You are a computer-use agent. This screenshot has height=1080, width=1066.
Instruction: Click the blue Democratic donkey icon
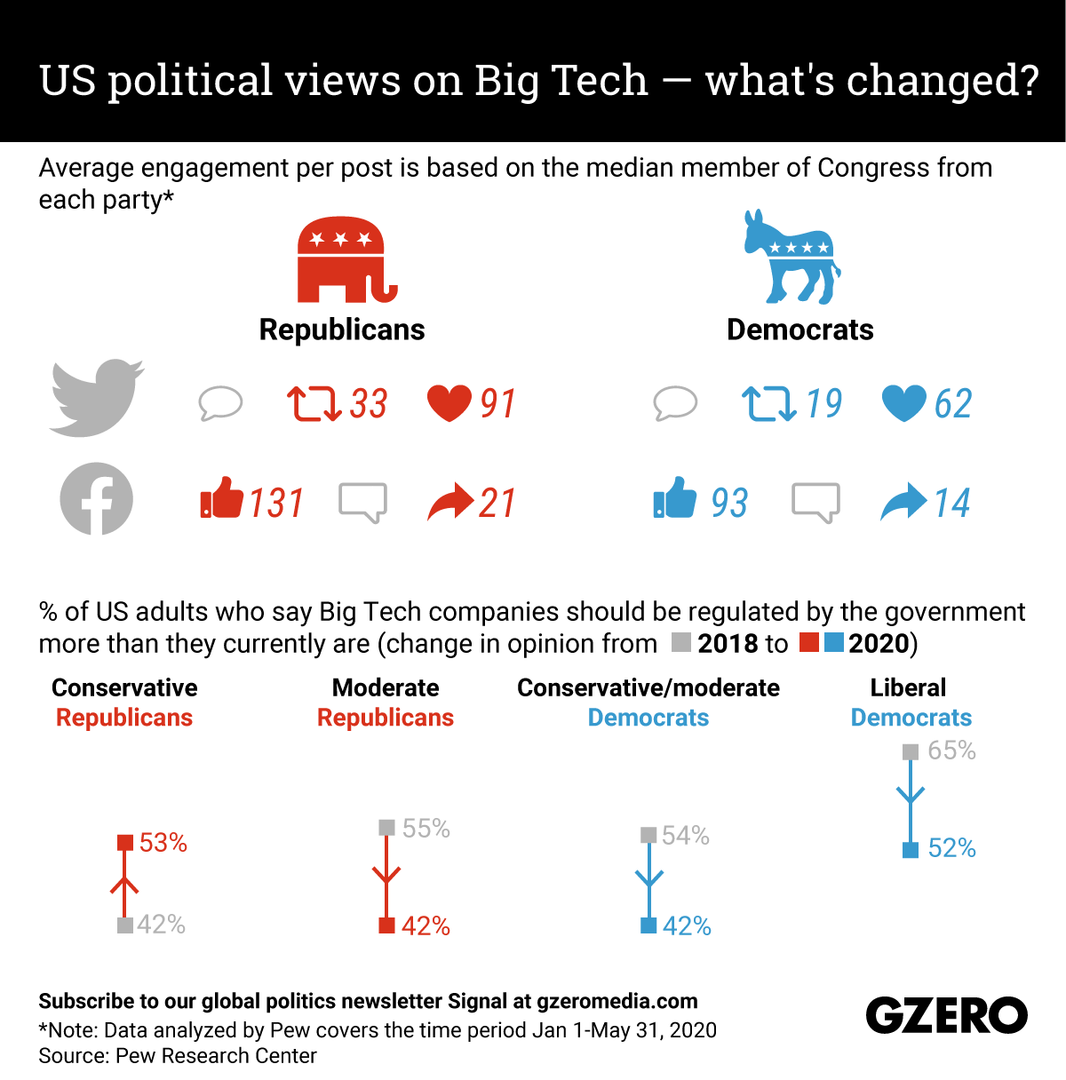click(790, 258)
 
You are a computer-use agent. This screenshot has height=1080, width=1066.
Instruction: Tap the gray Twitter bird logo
click(96, 398)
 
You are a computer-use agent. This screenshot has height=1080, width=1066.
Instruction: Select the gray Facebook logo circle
click(96, 499)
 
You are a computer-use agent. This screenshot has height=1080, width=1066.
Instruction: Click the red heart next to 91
click(449, 403)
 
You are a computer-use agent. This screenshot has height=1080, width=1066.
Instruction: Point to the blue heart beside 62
click(903, 403)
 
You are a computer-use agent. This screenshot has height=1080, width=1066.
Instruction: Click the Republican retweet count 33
click(368, 404)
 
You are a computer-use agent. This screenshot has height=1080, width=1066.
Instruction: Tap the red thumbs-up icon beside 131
click(221, 498)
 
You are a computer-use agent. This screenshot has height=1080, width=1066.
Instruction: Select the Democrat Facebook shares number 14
click(951, 504)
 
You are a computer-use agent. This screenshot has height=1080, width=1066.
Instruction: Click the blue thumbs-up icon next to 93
click(675, 498)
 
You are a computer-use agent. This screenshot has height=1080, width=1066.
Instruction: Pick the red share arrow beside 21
click(450, 502)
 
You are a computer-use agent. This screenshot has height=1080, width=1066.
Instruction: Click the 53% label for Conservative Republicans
click(163, 843)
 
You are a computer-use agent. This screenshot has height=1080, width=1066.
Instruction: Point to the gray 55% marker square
click(386, 828)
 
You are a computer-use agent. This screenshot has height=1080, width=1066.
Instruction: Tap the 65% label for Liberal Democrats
click(951, 751)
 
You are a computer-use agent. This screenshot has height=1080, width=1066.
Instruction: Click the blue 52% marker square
click(910, 850)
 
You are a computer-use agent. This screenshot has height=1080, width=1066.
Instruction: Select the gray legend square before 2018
click(681, 643)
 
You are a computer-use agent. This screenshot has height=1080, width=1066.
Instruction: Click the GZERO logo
click(946, 1015)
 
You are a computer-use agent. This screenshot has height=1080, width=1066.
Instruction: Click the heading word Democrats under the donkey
click(799, 330)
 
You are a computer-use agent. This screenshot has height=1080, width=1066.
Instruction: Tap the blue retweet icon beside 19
click(768, 403)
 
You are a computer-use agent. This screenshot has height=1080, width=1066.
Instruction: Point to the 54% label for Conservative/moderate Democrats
click(685, 836)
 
